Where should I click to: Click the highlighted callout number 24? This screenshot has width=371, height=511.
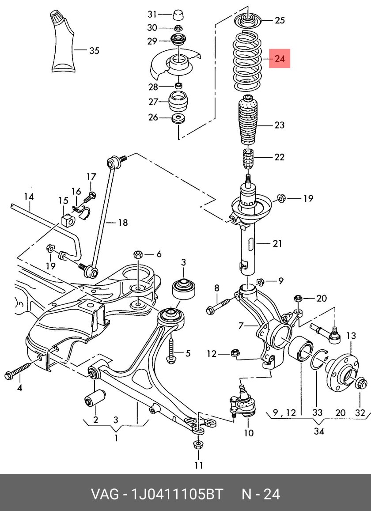coord(280,59)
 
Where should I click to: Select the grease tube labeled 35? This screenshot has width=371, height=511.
coord(63,42)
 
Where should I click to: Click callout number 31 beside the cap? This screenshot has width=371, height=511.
coord(152,14)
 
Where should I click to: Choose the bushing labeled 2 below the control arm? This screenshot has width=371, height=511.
coord(95,397)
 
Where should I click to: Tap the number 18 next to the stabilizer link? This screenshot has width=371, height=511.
coord(123,223)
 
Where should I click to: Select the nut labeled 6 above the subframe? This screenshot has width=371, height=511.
coord(138,254)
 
